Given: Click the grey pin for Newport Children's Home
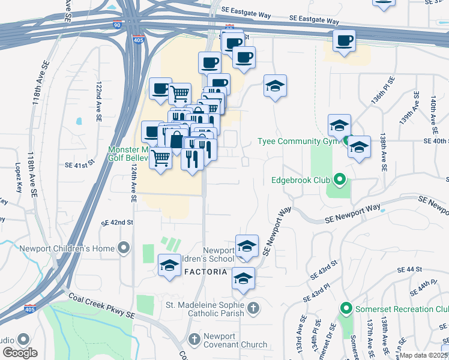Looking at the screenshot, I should tap(124, 248).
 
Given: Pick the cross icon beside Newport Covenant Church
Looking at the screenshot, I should tap(194, 340).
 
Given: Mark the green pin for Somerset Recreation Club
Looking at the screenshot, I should tap(346, 309).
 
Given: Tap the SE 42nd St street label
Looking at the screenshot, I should tap(116, 222).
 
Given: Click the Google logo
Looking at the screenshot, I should tap(19, 353).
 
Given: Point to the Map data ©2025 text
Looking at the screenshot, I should tap(424, 355).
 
